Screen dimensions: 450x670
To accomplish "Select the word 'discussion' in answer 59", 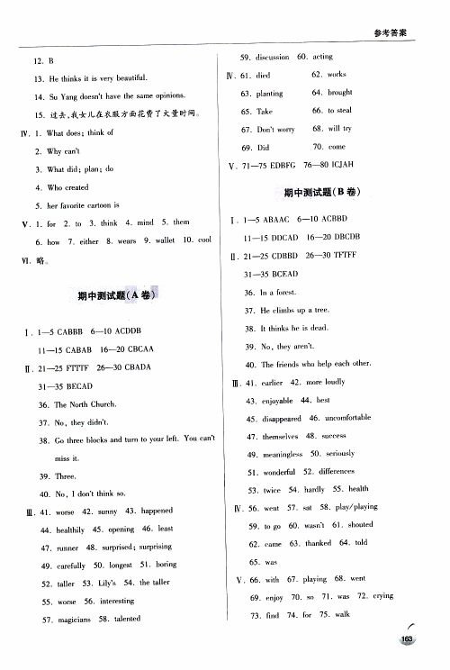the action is (272, 57).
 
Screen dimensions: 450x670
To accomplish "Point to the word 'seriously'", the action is (339, 454).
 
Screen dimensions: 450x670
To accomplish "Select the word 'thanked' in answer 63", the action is (319, 544).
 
